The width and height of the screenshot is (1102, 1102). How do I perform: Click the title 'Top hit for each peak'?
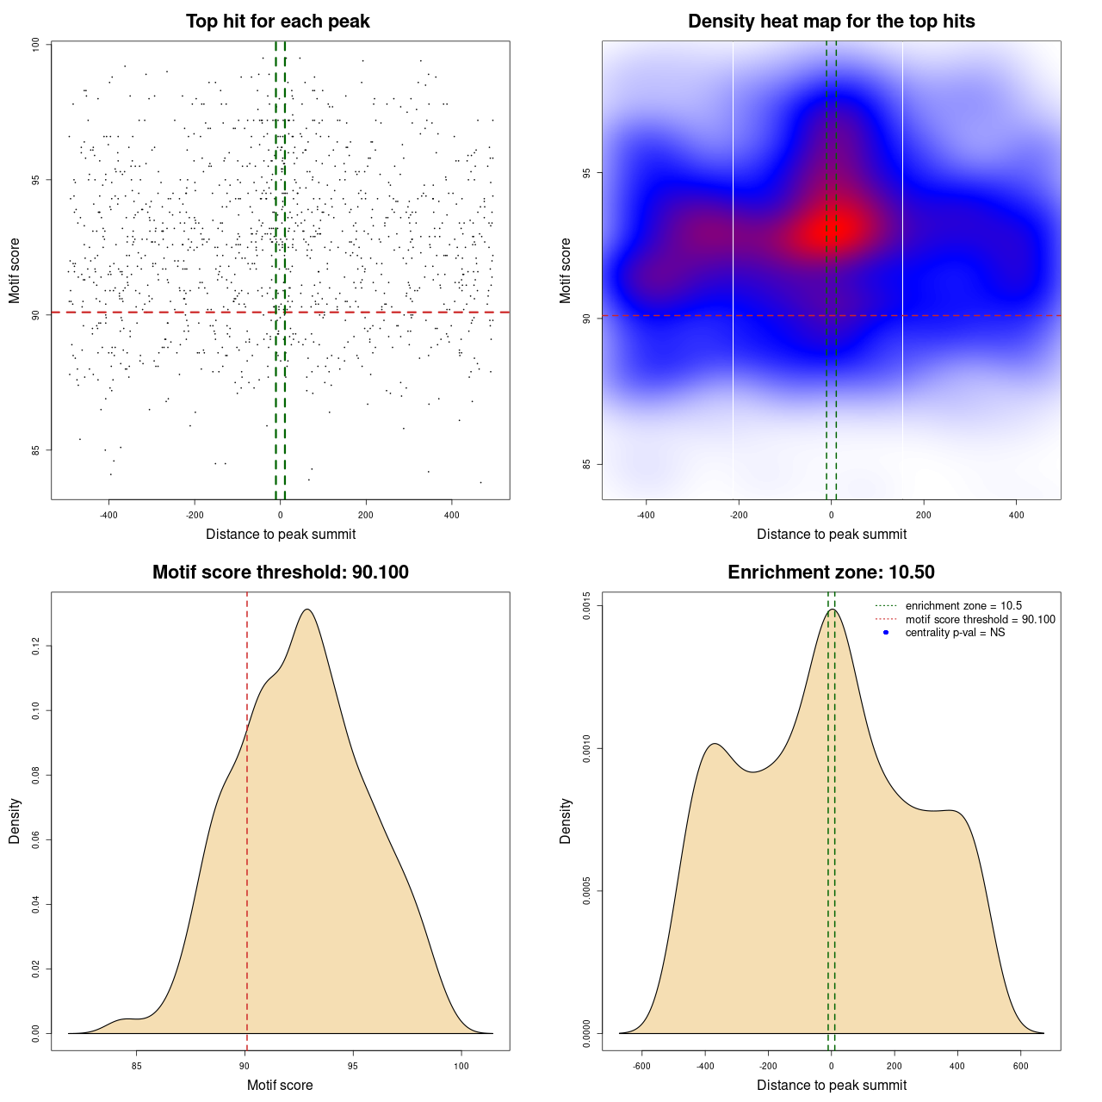[x=277, y=22]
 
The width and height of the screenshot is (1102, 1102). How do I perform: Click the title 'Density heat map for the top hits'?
[x=831, y=22]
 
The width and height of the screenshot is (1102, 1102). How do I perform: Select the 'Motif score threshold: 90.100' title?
[x=280, y=573]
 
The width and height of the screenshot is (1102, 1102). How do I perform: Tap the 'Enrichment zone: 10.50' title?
[x=831, y=573]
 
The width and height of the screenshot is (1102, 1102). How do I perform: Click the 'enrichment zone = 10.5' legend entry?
[x=963, y=606]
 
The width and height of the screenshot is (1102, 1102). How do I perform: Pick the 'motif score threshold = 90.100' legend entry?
[x=980, y=620]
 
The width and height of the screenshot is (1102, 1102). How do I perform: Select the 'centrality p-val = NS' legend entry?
[x=955, y=633]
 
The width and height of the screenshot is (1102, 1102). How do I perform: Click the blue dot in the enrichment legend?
[x=886, y=633]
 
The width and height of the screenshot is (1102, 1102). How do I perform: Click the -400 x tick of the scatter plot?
[x=108, y=515]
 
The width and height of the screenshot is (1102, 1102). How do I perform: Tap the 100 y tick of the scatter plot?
[x=35, y=45]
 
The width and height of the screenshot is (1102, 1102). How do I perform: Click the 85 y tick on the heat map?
[x=586, y=465]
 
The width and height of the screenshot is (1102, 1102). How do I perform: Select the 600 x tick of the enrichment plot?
[x=1021, y=1066]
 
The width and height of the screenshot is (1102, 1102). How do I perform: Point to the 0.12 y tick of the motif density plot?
[x=35, y=646]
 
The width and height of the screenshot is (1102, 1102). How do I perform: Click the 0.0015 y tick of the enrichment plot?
[x=586, y=606]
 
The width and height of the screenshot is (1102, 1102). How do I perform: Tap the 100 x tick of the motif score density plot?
[x=461, y=1066]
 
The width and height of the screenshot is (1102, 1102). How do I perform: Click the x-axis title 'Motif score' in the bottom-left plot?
[x=280, y=1085]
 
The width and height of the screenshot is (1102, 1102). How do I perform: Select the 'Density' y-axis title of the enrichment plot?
[x=566, y=820]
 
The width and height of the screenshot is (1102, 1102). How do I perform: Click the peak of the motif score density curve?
[x=306, y=610]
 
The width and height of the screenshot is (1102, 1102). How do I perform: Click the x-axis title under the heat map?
[x=831, y=534]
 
